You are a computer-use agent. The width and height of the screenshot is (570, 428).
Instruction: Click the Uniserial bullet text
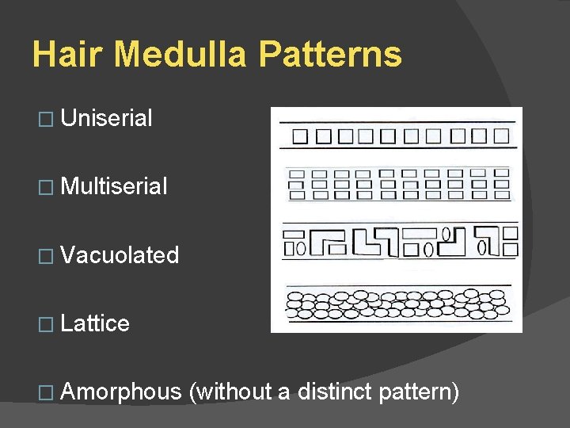[x=106, y=119]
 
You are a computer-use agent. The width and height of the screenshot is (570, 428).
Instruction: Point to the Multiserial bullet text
[x=114, y=187]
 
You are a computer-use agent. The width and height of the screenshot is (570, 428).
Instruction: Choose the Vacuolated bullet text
[x=120, y=255]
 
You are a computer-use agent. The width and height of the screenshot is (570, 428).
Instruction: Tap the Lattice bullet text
[x=95, y=323]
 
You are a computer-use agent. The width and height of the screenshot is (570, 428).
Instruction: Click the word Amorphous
[x=120, y=392]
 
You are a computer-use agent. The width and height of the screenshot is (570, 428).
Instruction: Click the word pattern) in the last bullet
[x=420, y=392]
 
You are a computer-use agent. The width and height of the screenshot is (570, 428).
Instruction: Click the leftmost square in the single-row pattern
[x=301, y=136]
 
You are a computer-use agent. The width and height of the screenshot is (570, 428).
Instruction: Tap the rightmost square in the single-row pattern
[x=500, y=136]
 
